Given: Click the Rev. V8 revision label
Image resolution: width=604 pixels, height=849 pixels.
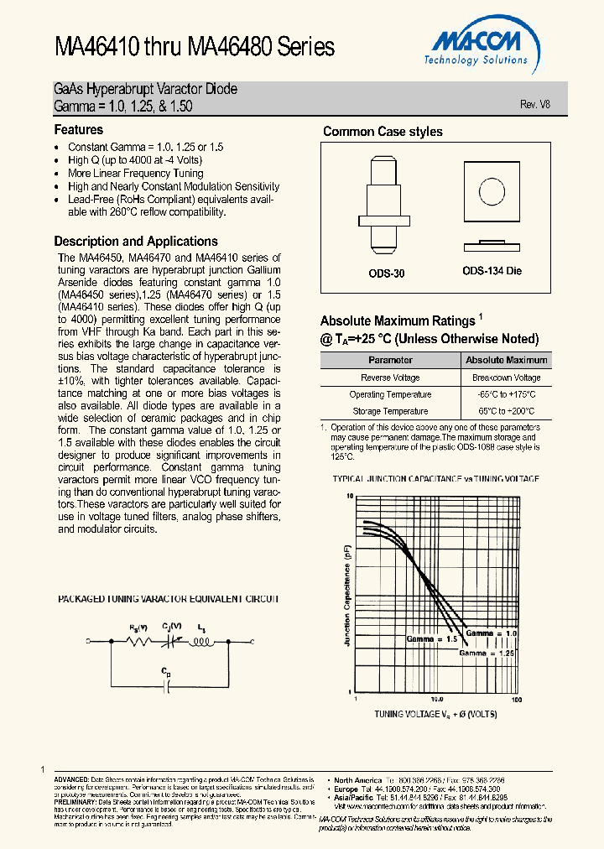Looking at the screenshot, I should coord(534,104).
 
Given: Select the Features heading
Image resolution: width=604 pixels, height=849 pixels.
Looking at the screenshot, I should coord(79,130).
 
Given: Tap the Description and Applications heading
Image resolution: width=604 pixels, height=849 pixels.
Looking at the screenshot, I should coord(136,242).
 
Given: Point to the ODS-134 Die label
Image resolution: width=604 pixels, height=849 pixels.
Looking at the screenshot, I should coord(492,272).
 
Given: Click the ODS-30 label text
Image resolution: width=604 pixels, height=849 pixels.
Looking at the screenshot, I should coord(387,273).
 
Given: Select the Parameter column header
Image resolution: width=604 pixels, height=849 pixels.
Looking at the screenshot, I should coord(391,360).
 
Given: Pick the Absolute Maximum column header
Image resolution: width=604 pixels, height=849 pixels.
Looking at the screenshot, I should coord(507,360).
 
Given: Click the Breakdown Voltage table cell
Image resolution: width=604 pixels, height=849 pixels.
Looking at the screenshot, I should coord(507,378).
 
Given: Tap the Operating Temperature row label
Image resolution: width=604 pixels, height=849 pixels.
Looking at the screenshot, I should coord(391,394).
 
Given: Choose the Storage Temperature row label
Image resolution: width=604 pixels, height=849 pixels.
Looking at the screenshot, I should coord(391,411).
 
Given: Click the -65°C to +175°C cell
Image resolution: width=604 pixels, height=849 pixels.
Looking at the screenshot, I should coord(507,394).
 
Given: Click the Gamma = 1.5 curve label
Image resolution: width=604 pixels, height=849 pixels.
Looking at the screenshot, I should coord(432,639).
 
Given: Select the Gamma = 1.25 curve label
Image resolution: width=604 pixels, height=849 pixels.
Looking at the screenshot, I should coord(487,653).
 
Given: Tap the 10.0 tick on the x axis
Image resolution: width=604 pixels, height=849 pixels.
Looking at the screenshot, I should coord(437,699).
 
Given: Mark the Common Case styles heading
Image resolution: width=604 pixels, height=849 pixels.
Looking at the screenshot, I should coord(383,132).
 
